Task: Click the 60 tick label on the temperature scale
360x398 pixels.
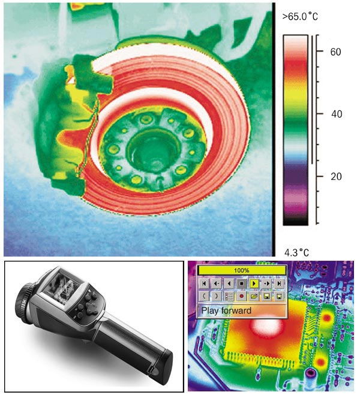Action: click(x=335, y=52)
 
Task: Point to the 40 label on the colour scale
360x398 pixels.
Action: click(x=337, y=114)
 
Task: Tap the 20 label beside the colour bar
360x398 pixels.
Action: click(x=336, y=176)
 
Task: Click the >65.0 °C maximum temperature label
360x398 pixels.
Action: click(x=300, y=17)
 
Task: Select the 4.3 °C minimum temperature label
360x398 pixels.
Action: click(x=296, y=252)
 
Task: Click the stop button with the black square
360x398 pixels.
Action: click(x=242, y=284)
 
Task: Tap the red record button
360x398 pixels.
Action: click(x=242, y=296)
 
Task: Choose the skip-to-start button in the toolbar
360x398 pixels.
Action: click(x=204, y=284)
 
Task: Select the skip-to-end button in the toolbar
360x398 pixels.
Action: click(x=279, y=284)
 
